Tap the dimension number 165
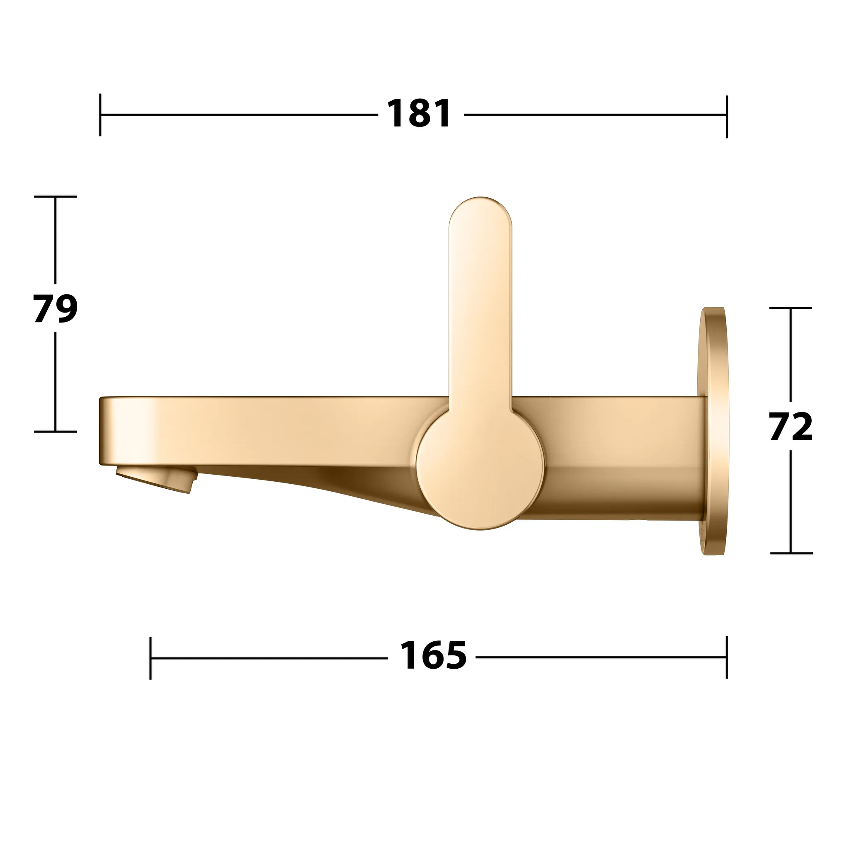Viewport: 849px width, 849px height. tap(433, 656)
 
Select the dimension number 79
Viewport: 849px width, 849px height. tap(56, 308)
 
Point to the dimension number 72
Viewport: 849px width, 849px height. tap(791, 426)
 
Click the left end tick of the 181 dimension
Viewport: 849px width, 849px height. tap(100, 115)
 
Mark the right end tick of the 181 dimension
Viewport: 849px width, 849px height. tap(727, 116)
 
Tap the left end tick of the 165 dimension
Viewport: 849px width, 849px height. tap(150, 658)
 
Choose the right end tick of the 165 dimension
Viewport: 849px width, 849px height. tap(727, 657)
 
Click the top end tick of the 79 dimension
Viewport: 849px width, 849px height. tap(56, 196)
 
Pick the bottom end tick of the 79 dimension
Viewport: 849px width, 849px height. tap(56, 432)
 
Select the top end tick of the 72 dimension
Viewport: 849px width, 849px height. tap(791, 308)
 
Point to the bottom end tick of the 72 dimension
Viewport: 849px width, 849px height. tap(791, 553)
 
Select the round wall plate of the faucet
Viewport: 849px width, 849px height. tap(715, 431)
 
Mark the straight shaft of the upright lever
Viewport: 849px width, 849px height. tap(480, 316)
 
